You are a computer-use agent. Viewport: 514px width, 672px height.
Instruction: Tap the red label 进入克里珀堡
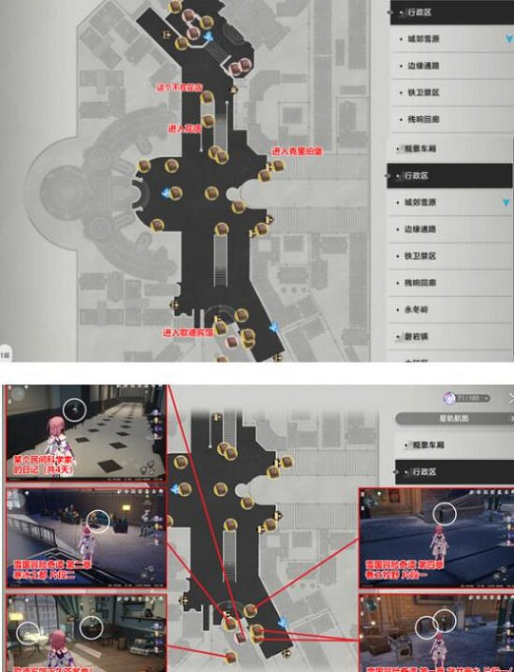pos(297,150)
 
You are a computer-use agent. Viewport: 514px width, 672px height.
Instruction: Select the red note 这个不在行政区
pos(181,87)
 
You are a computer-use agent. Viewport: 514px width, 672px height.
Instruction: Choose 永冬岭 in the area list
pos(420,309)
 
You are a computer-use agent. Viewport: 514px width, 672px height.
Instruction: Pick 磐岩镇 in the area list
pos(420,336)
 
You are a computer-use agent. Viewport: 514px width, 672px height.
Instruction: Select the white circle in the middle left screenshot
pos(98,520)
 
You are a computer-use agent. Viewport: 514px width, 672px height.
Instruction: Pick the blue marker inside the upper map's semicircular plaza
pos(168,193)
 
